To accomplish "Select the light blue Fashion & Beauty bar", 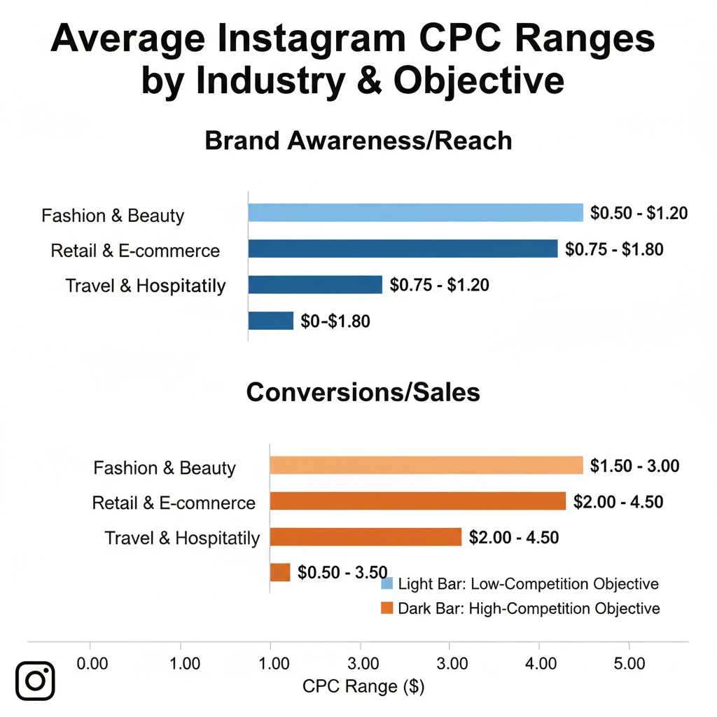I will pos(415,213).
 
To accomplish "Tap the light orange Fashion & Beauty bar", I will pos(426,466).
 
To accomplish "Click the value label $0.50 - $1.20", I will pos(639,213).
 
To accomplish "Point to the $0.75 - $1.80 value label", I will pos(614,249).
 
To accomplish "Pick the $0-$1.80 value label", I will pos(335,321).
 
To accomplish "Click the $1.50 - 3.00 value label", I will pos(634,466).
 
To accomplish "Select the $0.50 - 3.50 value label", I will pos(342,573).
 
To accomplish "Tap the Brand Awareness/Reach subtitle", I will pos(358,141).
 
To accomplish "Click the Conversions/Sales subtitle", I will pos(363,392).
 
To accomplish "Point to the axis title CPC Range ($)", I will pos(363,687).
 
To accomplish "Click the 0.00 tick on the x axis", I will pos(92,662).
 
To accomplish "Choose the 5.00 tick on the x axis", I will pos(628,662).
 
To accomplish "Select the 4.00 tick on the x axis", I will pos(539,662).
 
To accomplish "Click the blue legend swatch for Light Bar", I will pos(386,583).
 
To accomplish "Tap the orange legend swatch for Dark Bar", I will pos(386,608).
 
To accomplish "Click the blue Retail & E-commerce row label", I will pos(135,251).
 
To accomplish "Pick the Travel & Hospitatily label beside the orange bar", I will pos(182,538).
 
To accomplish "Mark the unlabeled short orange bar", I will pos(279,572).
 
